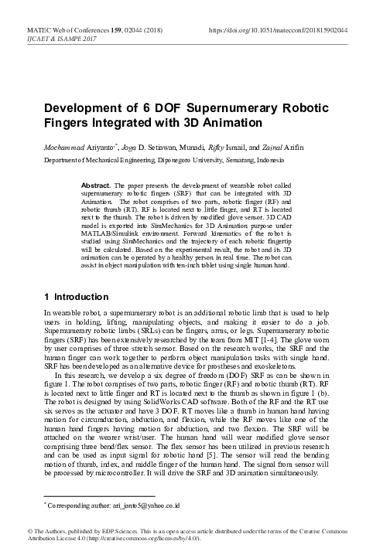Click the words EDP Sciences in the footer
point(100,532)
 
